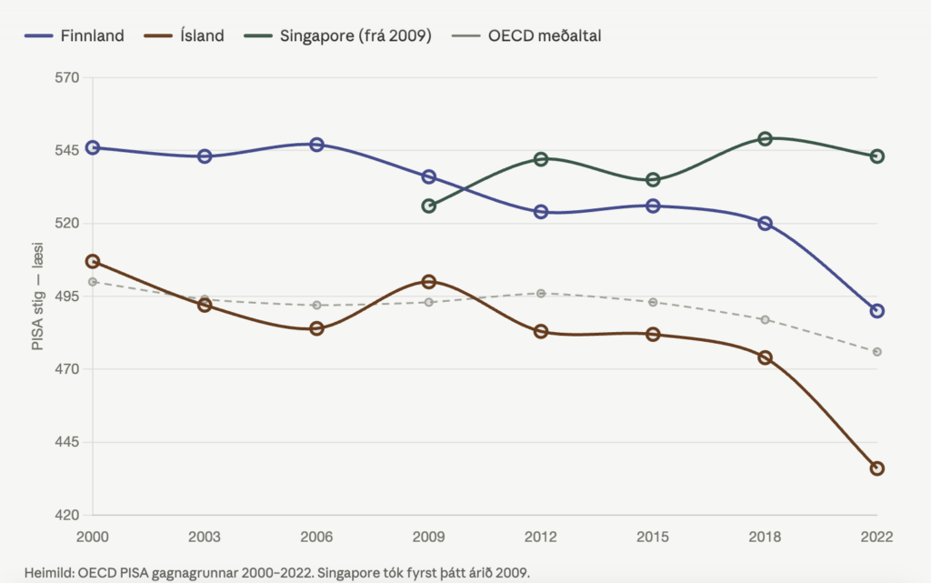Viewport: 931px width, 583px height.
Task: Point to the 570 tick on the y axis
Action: (68, 77)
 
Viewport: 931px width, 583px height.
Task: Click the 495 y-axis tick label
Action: (68, 297)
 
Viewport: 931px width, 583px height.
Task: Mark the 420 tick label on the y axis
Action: (68, 515)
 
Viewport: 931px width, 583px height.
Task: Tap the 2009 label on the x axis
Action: (429, 537)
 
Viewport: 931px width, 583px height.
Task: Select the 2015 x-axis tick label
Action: (653, 537)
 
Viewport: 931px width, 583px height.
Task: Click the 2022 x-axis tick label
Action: (876, 537)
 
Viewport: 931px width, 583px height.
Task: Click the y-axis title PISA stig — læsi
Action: (39, 297)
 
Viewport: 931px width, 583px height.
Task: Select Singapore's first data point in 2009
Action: (429, 206)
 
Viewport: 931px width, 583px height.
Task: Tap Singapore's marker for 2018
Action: (766, 138)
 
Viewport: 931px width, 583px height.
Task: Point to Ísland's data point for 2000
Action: (93, 261)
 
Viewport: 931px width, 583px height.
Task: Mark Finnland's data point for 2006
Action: (316, 145)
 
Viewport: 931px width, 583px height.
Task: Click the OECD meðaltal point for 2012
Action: (541, 293)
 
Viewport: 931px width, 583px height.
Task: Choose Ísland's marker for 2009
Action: (429, 282)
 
